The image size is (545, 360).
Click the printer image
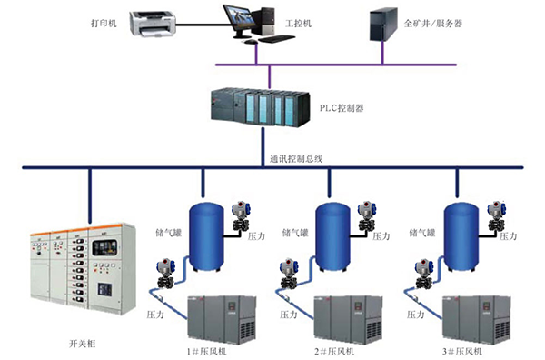[153, 24]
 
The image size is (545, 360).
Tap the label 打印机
[104, 24]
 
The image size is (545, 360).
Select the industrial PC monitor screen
[240, 19]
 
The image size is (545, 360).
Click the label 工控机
[298, 24]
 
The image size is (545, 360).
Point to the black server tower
[383, 25]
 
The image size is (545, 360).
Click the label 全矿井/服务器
[433, 24]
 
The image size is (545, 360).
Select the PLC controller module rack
[260, 108]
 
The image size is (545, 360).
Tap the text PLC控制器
[342, 108]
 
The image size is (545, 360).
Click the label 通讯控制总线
[296, 159]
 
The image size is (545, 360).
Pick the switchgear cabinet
[83, 268]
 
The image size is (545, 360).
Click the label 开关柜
[82, 344]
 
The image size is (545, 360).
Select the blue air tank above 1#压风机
[206, 237]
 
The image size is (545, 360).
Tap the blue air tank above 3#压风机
[461, 237]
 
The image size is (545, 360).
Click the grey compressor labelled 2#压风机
[348, 318]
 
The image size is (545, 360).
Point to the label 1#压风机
[207, 351]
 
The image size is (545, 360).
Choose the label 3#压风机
[462, 351]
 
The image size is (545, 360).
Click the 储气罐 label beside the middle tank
[295, 233]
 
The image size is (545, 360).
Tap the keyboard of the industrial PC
[277, 38]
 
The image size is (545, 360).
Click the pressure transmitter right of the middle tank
[367, 216]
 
